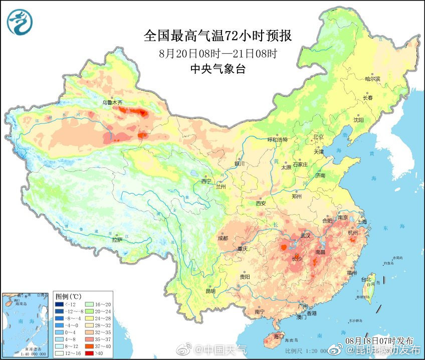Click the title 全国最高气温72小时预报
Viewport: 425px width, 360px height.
coord(218,36)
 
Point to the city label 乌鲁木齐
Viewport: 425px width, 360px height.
coord(112,102)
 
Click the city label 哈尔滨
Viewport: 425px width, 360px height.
coord(372,79)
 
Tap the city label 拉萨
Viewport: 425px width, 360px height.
coord(117,240)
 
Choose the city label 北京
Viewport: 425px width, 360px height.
coord(318,137)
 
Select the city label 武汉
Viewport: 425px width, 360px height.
coord(305,235)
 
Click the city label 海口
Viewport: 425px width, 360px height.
coord(278,336)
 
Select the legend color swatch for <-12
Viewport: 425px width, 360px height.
coord(60,304)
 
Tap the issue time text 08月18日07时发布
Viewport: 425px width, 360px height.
coord(379,341)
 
